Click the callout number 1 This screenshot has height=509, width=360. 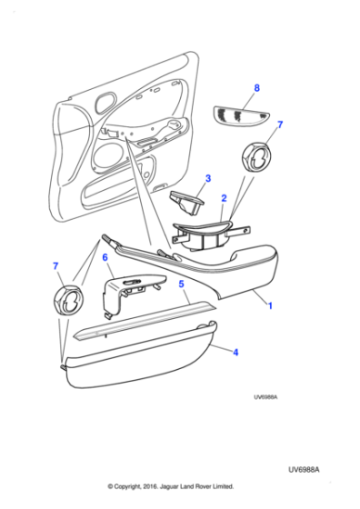pyautogui.click(x=269, y=306)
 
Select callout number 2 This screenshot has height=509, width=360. pyautogui.click(x=223, y=196)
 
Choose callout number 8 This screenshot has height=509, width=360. pyautogui.click(x=257, y=88)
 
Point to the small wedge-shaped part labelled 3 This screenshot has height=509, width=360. pyautogui.click(x=190, y=203)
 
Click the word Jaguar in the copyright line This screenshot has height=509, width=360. pyautogui.click(x=175, y=486)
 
